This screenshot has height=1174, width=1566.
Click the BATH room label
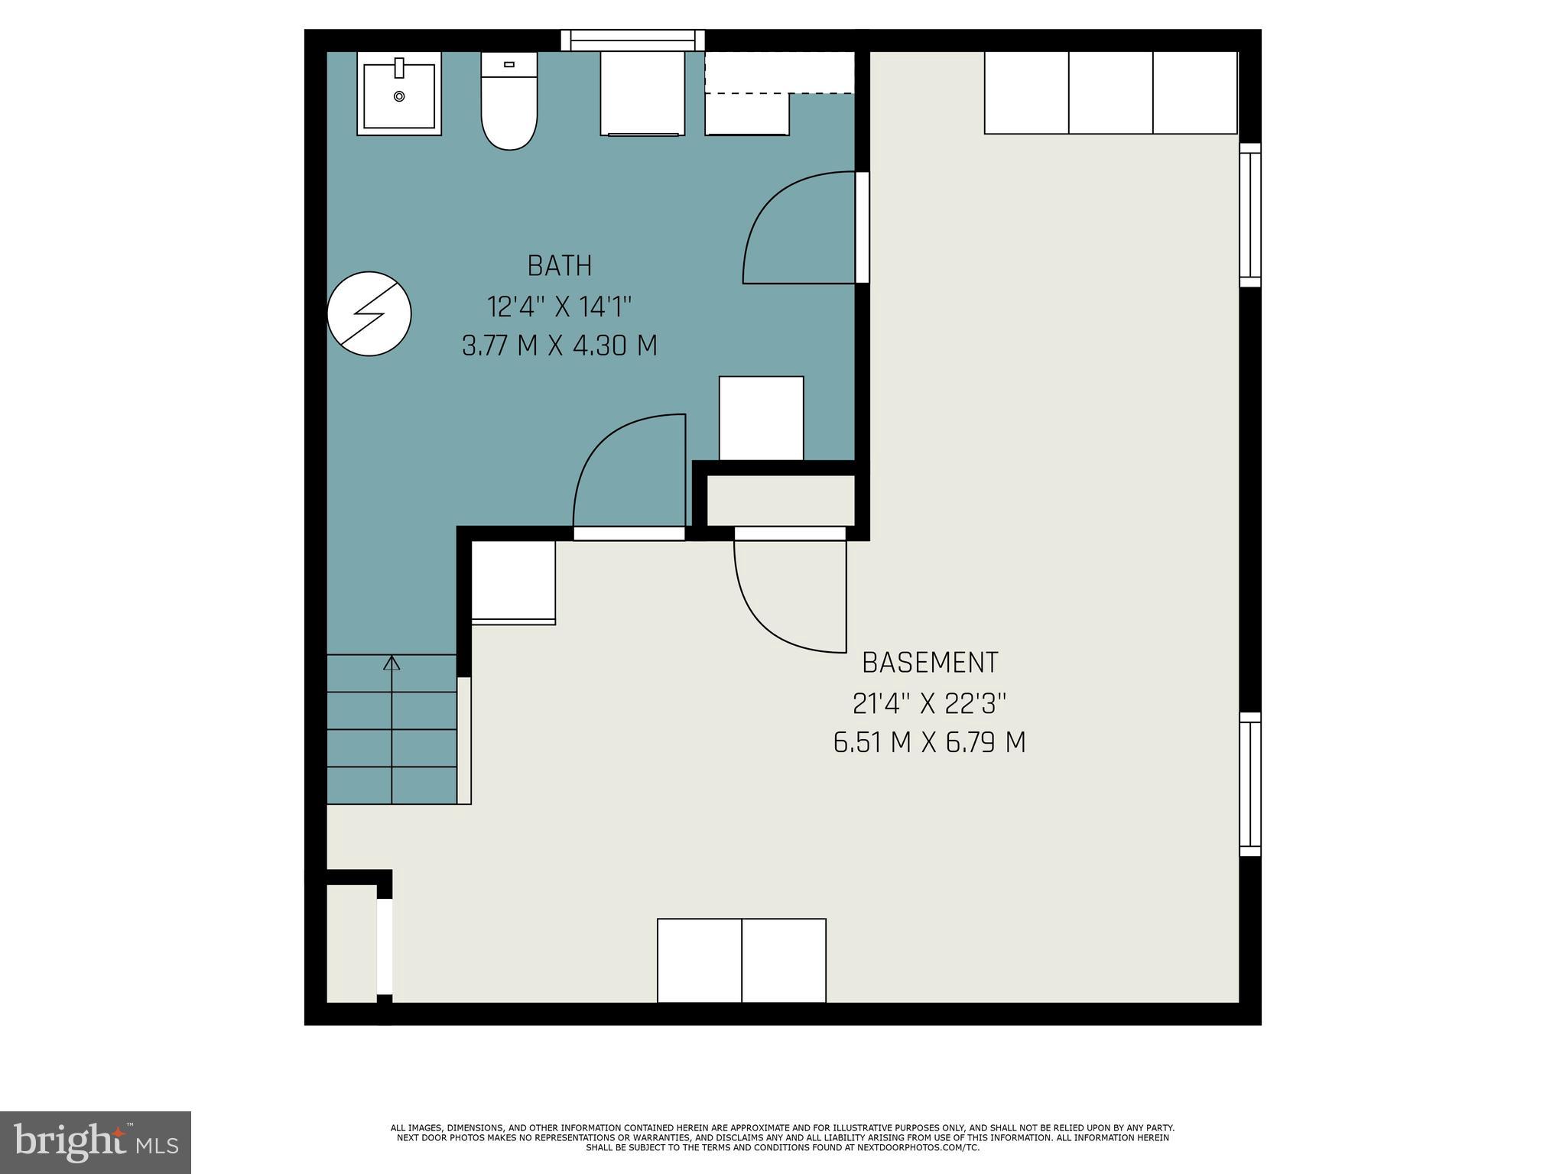pos(559,266)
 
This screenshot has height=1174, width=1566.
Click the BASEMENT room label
pos(929,663)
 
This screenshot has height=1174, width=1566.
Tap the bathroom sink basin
pos(398,95)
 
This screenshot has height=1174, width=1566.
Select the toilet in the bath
pos(508,107)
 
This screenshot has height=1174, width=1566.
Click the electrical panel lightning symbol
pos(369,313)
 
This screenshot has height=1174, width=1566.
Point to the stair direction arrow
pos(391,663)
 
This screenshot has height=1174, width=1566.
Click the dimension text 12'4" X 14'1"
pos(559,307)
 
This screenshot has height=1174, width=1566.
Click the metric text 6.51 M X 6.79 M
pos(929,742)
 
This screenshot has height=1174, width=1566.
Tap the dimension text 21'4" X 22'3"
pos(929,703)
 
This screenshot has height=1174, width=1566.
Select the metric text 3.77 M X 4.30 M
pos(559,346)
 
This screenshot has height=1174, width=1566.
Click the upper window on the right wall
pos(1249,215)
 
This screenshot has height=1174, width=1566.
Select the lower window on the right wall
pos(1249,784)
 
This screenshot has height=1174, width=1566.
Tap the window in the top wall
pos(632,40)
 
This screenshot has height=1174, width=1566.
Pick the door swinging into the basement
pos(791,592)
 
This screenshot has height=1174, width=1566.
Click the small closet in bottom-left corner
pos(352,943)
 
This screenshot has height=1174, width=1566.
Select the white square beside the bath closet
pos(761,418)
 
